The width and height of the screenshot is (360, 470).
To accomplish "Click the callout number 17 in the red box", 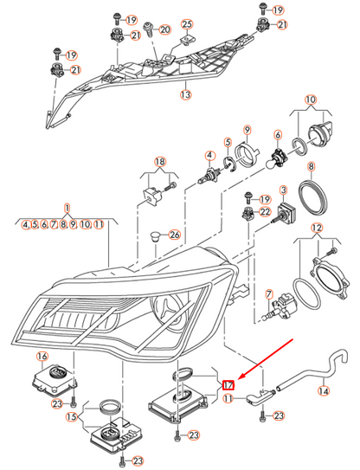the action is (x=228, y=385).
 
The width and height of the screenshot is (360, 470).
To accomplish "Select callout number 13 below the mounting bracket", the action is (x=186, y=94).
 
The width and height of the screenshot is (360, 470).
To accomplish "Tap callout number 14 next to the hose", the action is (x=324, y=390).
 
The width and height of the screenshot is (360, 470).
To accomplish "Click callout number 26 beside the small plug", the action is (x=175, y=235).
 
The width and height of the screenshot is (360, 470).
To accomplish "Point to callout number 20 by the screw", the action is (x=165, y=29).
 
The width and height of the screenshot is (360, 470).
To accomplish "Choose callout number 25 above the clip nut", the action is (x=187, y=24).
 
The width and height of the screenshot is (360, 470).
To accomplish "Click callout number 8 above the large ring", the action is (x=312, y=166).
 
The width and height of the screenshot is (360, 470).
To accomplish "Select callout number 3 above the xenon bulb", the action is (x=283, y=190).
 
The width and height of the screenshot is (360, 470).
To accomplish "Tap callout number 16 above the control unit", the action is (x=42, y=356).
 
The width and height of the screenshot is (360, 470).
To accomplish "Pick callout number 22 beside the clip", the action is (x=265, y=212).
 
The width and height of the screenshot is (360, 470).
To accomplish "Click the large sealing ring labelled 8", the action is (x=313, y=199).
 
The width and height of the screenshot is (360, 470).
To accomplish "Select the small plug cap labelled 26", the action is (x=155, y=236).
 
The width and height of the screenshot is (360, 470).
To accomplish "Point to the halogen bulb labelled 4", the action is (x=209, y=176).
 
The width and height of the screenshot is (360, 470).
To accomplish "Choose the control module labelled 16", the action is (x=55, y=379).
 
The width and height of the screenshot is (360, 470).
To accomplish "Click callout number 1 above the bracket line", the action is (x=67, y=208).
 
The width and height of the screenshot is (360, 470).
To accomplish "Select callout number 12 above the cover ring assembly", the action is (x=317, y=229).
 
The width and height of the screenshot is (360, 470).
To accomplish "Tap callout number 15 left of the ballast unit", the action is (x=72, y=417).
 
